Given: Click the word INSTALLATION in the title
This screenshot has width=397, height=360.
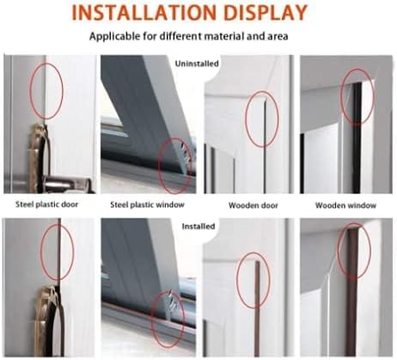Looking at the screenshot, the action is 144,12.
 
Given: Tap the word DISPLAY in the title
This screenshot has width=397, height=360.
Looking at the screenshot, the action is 266,12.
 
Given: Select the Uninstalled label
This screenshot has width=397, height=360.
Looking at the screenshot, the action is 197,64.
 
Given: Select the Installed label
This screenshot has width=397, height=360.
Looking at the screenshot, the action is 198,226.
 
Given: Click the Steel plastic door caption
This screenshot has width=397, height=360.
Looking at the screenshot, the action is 46,204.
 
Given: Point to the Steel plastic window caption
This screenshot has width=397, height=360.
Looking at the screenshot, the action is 147,204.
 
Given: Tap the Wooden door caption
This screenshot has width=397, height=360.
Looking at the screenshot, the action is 253,205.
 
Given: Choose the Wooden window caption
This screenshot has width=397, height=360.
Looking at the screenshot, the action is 345,205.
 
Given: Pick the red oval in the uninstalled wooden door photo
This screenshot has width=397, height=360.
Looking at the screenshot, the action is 246,119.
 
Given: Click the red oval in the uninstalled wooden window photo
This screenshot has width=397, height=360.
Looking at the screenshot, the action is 341,97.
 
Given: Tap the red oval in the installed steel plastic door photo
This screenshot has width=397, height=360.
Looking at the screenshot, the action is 41,252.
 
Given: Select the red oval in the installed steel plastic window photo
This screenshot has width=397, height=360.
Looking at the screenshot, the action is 151,320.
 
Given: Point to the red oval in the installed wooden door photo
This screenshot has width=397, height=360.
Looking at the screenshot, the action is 237,281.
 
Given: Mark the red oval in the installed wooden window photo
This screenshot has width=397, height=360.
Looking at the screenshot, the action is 339,251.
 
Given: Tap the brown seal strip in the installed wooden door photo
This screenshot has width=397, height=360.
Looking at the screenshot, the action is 257,308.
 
